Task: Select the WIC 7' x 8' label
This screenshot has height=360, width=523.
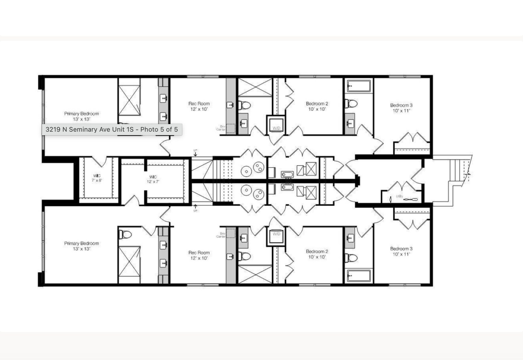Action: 97,178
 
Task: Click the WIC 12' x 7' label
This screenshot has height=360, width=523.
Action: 153,179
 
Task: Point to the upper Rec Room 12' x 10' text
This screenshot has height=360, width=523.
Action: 199,106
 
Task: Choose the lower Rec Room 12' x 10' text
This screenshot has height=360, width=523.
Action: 199,255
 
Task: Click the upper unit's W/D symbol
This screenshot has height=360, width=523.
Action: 276,126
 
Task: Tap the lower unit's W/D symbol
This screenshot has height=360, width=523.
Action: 276,236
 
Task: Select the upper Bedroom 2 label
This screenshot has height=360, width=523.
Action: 317,106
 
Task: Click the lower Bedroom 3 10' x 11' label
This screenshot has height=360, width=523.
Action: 401,251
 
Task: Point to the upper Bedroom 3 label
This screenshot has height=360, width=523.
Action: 401,108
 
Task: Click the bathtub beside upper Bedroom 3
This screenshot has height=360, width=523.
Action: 359,86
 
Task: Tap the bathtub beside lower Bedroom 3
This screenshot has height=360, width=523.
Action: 359,275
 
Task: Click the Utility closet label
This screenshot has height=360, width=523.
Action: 399,196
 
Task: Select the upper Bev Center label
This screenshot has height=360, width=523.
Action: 221,128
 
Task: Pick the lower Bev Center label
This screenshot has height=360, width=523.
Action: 221,235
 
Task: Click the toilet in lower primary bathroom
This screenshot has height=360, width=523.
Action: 125,234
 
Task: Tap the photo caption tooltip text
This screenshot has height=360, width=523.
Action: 112,129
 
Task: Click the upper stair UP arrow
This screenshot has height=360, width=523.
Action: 195,153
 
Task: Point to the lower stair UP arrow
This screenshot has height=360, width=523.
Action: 195,208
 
